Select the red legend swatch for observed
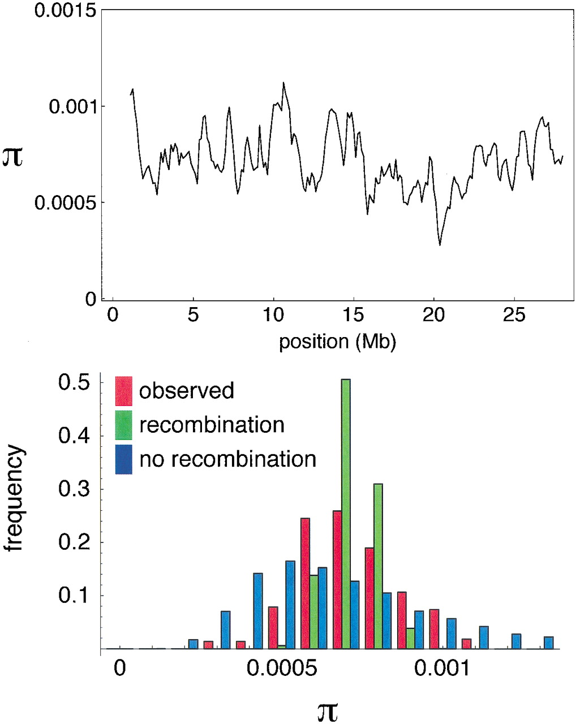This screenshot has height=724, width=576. coord(123,391)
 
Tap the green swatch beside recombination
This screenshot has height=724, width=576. coord(123,425)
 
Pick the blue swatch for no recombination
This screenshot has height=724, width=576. coord(123,459)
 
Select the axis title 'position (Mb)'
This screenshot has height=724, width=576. coord(337,342)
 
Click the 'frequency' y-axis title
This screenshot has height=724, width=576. coord(15,498)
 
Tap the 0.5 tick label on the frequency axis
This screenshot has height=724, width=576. coord(74,383)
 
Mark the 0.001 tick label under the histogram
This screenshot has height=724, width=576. coord(441,669)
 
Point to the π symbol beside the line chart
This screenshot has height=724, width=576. coord(13,156)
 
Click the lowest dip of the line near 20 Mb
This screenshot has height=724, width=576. coord(440,245)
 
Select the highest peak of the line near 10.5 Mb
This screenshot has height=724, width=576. coord(283,83)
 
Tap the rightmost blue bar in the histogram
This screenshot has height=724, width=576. coord(548,643)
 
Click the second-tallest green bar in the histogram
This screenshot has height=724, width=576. coord(378,566)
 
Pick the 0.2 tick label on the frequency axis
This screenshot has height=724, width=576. coord(74,542)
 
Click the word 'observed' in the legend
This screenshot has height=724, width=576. coord(187,391)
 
